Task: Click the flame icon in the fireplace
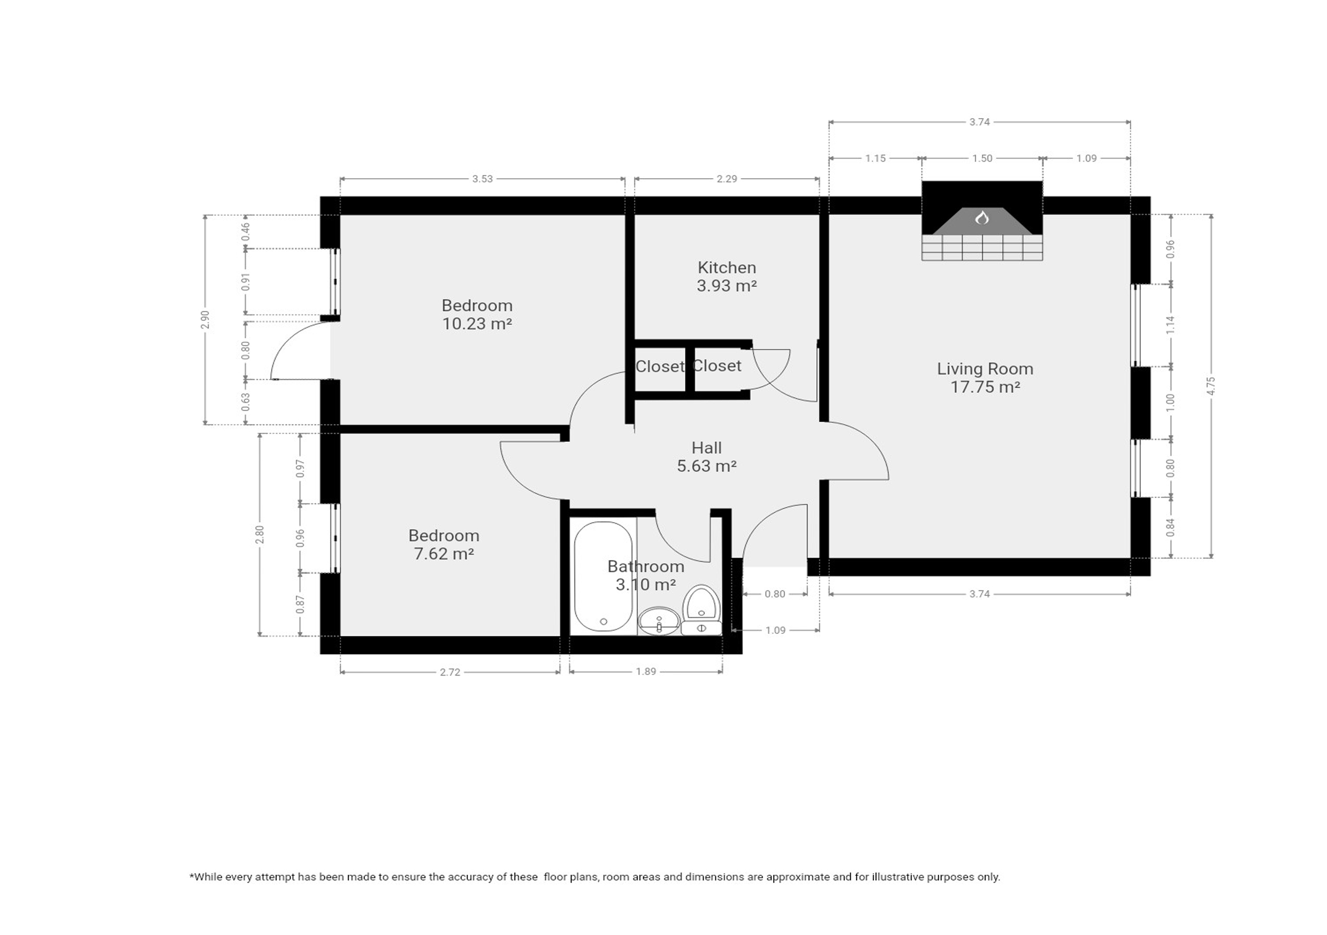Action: (x=982, y=218)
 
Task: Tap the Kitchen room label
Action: (x=727, y=267)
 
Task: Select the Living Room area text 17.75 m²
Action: (x=985, y=387)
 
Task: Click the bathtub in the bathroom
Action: (x=604, y=576)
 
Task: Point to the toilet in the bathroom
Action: (x=701, y=610)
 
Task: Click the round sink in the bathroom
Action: (x=659, y=620)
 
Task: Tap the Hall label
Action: (x=706, y=448)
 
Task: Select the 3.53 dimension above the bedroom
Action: (x=482, y=179)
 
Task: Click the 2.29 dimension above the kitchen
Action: (x=727, y=179)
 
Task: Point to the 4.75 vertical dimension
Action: (x=1211, y=386)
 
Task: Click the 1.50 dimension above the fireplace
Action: (x=982, y=158)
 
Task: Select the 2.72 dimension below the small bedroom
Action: (x=449, y=672)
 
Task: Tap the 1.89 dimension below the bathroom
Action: (x=646, y=671)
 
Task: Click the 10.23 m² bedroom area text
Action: (x=477, y=324)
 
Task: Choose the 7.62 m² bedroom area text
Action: (x=444, y=554)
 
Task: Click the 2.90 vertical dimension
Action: (x=204, y=319)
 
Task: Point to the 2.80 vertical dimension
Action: (x=260, y=534)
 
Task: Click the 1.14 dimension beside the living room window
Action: (x=1170, y=325)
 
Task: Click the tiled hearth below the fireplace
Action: (x=982, y=247)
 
